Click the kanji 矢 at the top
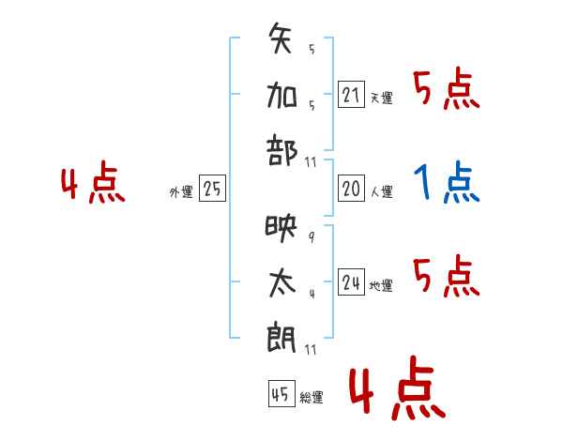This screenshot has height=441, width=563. (280, 38)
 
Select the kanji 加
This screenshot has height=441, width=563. (281, 95)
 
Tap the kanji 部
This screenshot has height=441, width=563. (282, 150)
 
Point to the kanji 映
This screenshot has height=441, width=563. (281, 229)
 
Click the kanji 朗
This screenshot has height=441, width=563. (281, 339)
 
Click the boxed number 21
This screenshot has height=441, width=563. (351, 94)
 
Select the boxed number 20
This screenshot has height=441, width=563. (351, 189)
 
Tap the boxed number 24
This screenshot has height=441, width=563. (351, 281)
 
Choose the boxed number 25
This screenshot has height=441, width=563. (212, 189)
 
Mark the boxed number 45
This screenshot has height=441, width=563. (281, 393)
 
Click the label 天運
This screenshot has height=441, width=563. (382, 98)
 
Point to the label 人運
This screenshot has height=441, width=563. (382, 191)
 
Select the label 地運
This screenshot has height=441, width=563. (381, 286)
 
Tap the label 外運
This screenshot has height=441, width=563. (181, 192)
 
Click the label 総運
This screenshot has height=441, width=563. (312, 398)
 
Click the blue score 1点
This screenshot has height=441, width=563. (447, 182)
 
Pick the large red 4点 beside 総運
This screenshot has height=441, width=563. (398, 388)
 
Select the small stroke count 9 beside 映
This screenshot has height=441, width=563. (312, 237)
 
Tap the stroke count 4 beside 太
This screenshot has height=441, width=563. (312, 294)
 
